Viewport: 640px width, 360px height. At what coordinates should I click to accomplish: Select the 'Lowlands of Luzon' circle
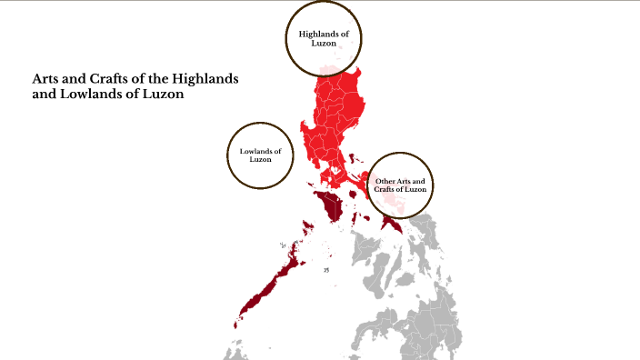pos(262,155)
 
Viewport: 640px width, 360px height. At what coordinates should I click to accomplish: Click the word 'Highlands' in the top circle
pos(314,35)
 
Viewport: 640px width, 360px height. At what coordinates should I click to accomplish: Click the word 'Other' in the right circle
pos(385,182)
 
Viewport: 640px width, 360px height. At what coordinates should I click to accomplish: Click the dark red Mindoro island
pos(329,205)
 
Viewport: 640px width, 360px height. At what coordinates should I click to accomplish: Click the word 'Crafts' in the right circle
pos(386,189)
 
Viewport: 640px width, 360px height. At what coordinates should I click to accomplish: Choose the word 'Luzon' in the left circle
pos(262,160)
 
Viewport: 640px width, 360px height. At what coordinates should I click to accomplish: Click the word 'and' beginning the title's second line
pos(43,95)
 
